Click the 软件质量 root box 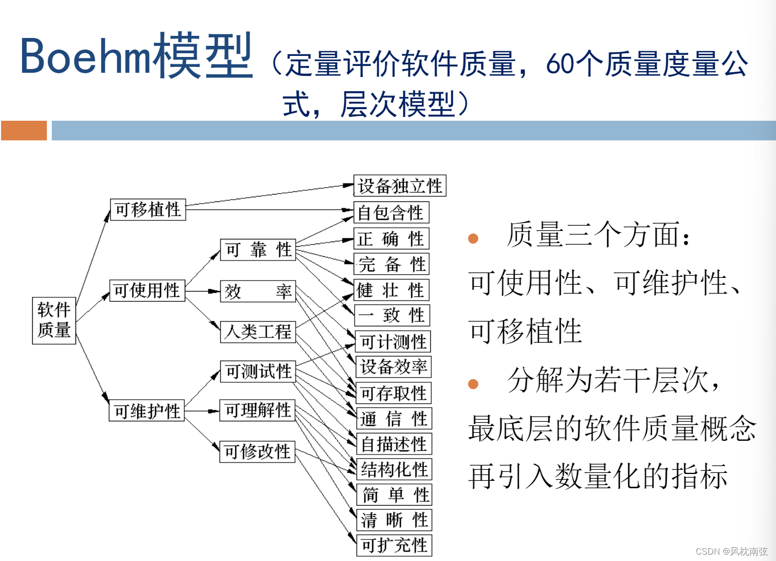pyautogui.click(x=54, y=321)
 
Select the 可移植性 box pyautogui.click(x=148, y=209)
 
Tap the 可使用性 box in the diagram pyautogui.click(x=147, y=290)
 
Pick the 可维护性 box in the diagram pyautogui.click(x=147, y=411)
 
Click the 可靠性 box pyautogui.click(x=258, y=249)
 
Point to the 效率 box pyautogui.click(x=258, y=291)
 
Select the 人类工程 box pyautogui.click(x=258, y=332)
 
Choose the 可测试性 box pyautogui.click(x=258, y=371)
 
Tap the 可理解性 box pyautogui.click(x=258, y=410)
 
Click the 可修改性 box pyautogui.click(x=257, y=451)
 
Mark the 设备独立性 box pyautogui.click(x=400, y=186)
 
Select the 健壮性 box pyautogui.click(x=391, y=290)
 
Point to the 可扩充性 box pyautogui.click(x=394, y=545)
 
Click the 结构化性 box pyautogui.click(x=394, y=469)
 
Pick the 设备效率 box pyautogui.click(x=393, y=366)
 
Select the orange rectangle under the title pyautogui.click(x=24, y=130)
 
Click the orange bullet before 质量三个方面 pyautogui.click(x=473, y=239)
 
